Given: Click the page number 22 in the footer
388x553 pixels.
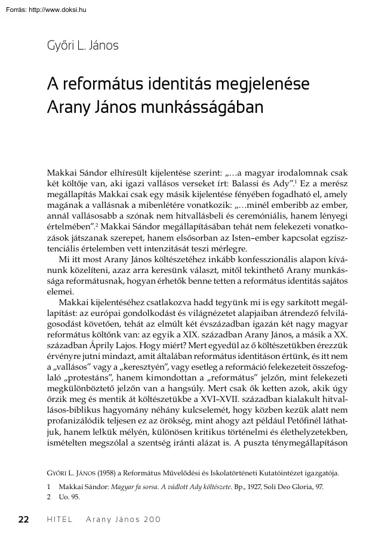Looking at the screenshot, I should tap(24, 519).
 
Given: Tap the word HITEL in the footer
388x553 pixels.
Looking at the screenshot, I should tap(59, 519).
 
